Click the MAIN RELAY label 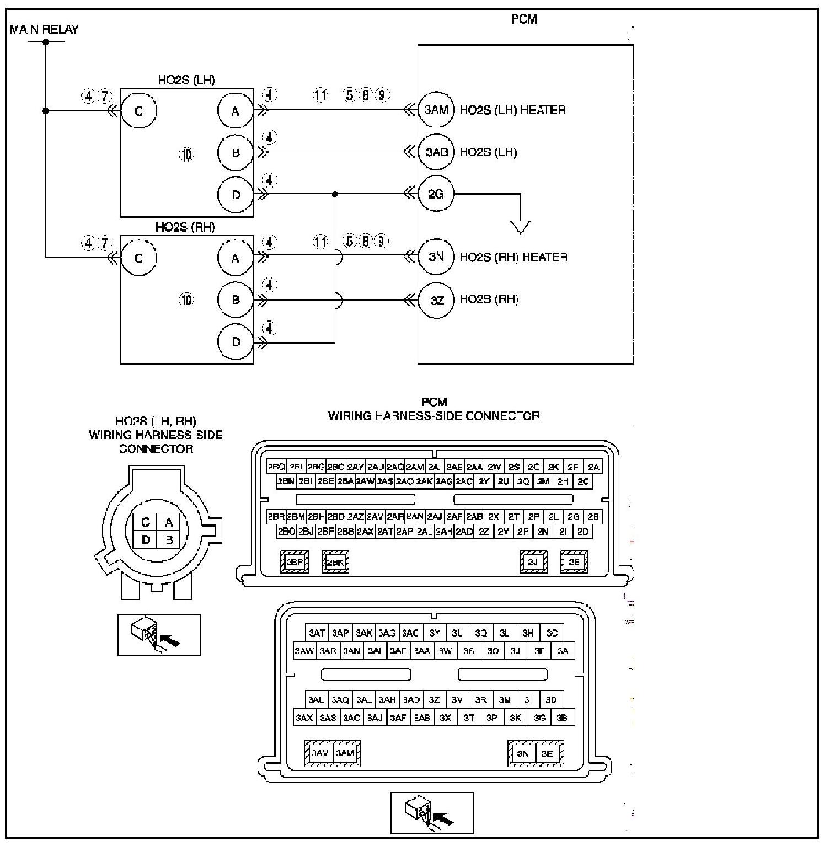click(44, 29)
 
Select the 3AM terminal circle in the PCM click(436, 110)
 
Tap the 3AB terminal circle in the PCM click(436, 152)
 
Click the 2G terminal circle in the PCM click(436, 194)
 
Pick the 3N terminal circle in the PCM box click(436, 257)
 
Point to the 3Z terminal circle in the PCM click(436, 300)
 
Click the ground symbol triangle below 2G click(520, 226)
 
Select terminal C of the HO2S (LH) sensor click(139, 110)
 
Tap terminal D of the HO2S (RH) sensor click(236, 342)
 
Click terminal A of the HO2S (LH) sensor click(236, 111)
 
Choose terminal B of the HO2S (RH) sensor click(236, 300)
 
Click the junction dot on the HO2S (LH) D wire click(335, 194)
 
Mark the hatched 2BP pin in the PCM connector click(295, 562)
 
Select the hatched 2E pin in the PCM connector click(574, 562)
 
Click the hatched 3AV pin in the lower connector click(320, 753)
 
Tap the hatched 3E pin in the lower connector click(547, 753)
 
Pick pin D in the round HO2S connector click(146, 539)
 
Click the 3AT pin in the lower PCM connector click(317, 633)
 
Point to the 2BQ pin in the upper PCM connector click(276, 467)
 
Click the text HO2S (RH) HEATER click(513, 257)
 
